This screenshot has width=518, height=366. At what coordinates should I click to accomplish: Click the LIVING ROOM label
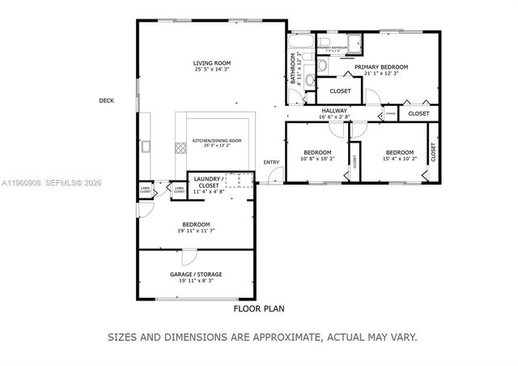tap(211, 63)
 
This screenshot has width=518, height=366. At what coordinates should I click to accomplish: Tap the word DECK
tap(106, 100)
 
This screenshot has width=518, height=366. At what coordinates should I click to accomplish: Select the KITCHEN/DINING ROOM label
tap(216, 140)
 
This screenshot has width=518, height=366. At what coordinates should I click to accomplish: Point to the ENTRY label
tap(271, 162)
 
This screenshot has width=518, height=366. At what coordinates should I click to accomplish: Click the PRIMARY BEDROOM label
tap(380, 67)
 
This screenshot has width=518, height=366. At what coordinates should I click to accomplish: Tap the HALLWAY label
tap(334, 110)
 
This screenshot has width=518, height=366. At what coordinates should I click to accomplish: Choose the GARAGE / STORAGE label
tap(195, 274)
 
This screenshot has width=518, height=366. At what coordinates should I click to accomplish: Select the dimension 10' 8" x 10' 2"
tap(317, 159)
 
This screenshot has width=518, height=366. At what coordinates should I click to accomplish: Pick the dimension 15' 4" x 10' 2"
tap(399, 159)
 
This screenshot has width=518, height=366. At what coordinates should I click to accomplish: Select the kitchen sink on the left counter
tap(146, 148)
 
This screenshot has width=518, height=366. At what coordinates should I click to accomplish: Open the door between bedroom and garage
tap(188, 256)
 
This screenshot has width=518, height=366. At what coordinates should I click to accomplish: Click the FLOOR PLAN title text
tap(259, 309)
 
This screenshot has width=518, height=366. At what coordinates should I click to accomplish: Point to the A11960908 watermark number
tap(19, 184)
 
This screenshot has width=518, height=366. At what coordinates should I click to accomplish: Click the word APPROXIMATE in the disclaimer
tap(283, 336)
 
